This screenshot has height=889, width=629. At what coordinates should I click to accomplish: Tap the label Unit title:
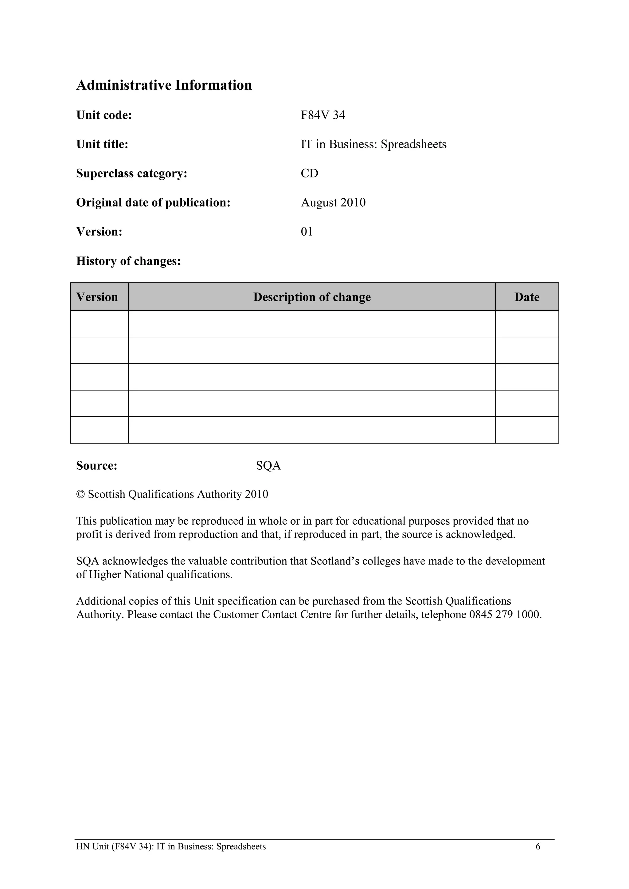click(102, 144)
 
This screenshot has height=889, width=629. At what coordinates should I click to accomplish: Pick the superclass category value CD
click(310, 173)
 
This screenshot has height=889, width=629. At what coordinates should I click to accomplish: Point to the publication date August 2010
click(333, 203)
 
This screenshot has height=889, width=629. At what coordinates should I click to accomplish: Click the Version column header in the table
click(97, 297)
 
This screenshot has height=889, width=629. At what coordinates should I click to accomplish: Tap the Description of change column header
click(312, 297)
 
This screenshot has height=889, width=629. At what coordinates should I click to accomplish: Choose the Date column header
click(527, 297)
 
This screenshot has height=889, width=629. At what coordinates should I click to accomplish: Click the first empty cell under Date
click(527, 324)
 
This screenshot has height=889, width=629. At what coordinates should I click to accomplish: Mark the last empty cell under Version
click(99, 430)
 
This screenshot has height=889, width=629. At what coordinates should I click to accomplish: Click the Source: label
click(96, 465)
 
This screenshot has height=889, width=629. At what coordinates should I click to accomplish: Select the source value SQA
click(268, 465)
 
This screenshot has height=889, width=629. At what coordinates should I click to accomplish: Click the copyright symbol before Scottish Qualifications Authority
click(80, 495)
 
